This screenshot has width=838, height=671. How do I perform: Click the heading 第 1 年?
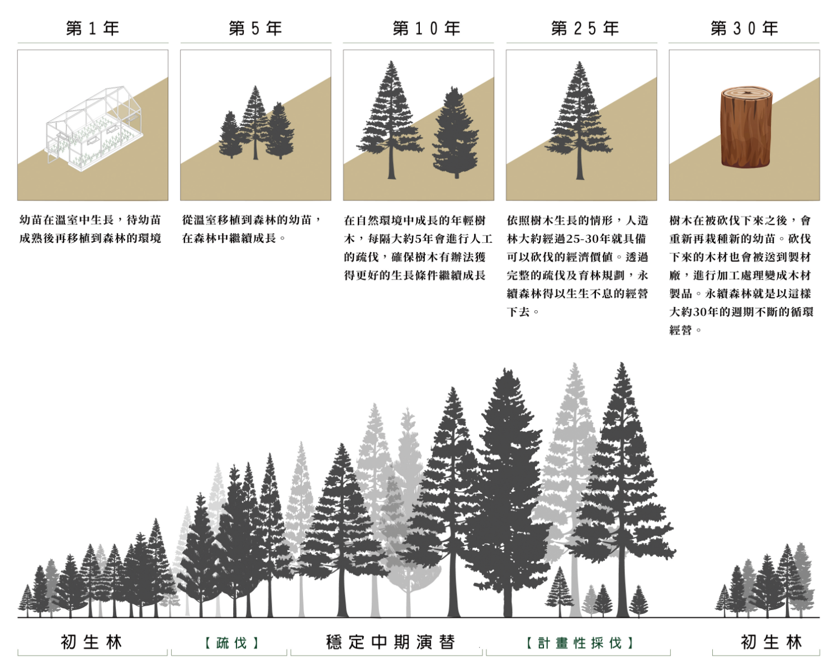pyautogui.click(x=93, y=29)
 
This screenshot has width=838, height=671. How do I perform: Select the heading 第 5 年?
pyautogui.click(x=255, y=29)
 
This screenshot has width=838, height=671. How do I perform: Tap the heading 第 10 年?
pyautogui.click(x=427, y=29)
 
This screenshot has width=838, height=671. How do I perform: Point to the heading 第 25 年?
pyautogui.click(x=585, y=29)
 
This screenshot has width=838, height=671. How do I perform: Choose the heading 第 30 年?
pyautogui.click(x=744, y=29)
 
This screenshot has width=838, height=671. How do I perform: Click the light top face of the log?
pyautogui.click(x=746, y=94)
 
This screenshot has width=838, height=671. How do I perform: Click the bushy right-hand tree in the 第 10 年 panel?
pyautogui.click(x=456, y=133)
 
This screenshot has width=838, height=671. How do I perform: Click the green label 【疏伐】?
pyautogui.click(x=231, y=642)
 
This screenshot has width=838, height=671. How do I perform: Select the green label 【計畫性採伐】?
pyautogui.click(x=579, y=642)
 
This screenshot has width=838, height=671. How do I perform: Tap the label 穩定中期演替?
pyautogui.click(x=391, y=642)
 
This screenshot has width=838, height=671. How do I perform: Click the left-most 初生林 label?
pyautogui.click(x=92, y=642)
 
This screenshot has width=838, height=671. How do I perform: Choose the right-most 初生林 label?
pyautogui.click(x=771, y=642)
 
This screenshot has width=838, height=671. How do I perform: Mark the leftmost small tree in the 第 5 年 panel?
pyautogui.click(x=230, y=134)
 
